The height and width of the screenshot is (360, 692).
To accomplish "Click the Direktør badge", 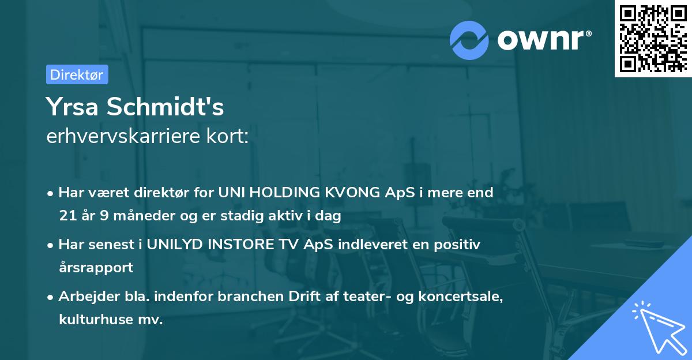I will pyautogui.click(x=77, y=74).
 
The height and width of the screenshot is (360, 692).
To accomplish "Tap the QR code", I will pyautogui.click(x=652, y=38).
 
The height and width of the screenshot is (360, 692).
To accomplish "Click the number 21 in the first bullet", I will pyautogui.click(x=66, y=216).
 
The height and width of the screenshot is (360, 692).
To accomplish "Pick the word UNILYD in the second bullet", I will pyautogui.click(x=172, y=245).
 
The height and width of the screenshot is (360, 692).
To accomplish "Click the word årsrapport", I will pyautogui.click(x=96, y=267).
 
